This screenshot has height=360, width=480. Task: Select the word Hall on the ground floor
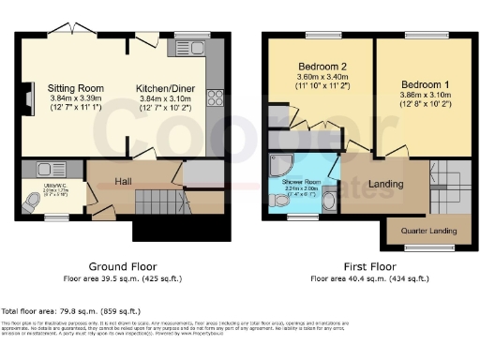124,181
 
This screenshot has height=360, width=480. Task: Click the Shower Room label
301,182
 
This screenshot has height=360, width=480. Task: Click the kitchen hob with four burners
215,98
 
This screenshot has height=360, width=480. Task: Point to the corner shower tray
279,165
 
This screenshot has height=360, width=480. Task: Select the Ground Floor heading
121,266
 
